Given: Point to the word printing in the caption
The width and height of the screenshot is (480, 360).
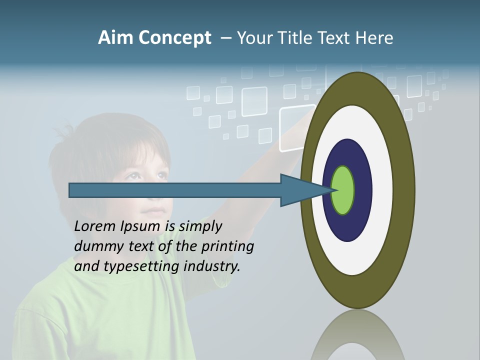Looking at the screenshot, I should (227, 246).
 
